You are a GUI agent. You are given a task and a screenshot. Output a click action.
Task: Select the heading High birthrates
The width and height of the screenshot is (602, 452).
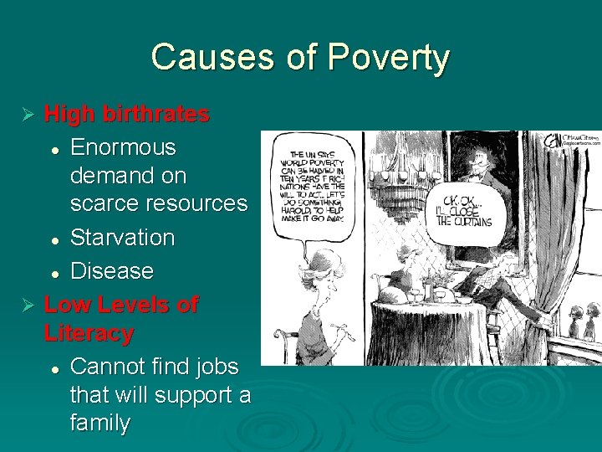(126, 114)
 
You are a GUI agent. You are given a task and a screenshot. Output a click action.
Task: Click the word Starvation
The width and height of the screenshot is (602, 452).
(123, 238)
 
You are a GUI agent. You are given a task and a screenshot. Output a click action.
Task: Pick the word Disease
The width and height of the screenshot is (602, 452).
(112, 271)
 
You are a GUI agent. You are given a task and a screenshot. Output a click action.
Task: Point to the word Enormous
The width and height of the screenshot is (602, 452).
(124, 147)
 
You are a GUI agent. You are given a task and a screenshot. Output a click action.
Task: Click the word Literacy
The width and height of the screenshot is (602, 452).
(89, 333)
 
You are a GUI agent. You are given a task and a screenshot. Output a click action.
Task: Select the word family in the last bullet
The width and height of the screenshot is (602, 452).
(100, 423)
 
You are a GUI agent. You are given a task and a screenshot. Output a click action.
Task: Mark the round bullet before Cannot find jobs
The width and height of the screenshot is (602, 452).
(54, 368)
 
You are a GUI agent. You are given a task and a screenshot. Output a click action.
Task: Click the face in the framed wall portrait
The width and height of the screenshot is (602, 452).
(482, 158)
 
